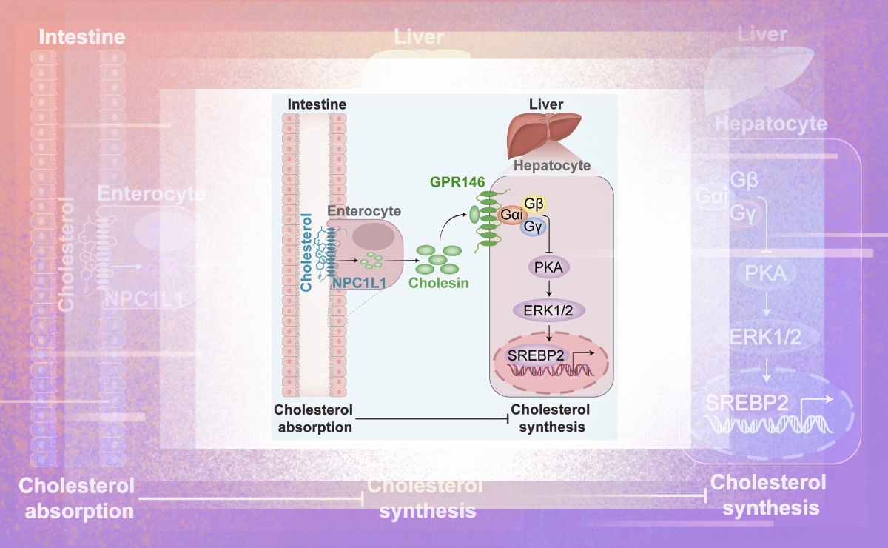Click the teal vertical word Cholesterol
[307, 250]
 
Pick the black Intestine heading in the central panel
[315, 105]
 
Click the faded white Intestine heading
[82, 37]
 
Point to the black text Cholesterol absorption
[313, 418]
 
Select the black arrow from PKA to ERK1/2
[548, 288]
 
